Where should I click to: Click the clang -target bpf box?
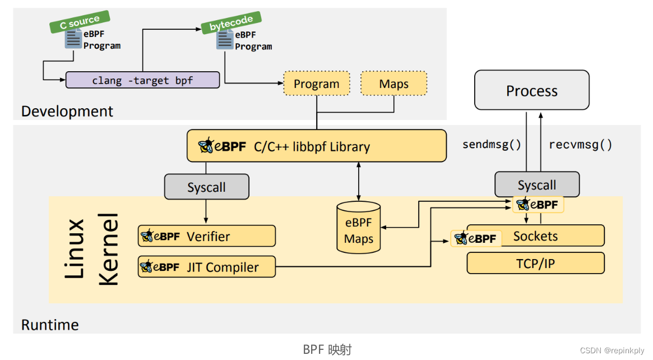pyautogui.click(x=142, y=80)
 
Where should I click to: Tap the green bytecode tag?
pyautogui.click(x=231, y=22)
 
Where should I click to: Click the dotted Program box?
pyautogui.click(x=316, y=84)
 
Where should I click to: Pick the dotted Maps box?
pyautogui.click(x=393, y=84)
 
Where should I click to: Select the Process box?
pyautogui.click(x=531, y=90)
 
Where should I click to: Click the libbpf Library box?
pyautogui.click(x=316, y=146)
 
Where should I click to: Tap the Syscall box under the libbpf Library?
pyautogui.click(x=206, y=187)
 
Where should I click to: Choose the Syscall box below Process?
pyautogui.click(x=536, y=184)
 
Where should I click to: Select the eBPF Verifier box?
pyautogui.click(x=207, y=236)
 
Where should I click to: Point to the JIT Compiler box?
pyautogui.click(x=207, y=267)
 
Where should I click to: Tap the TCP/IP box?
pyautogui.click(x=535, y=263)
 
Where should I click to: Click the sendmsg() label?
pyautogui.click(x=492, y=145)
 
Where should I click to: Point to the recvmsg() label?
pyautogui.click(x=580, y=145)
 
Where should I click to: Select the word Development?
pyautogui.click(x=67, y=111)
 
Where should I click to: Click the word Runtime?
pyautogui.click(x=50, y=325)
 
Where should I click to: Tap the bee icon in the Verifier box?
pyautogui.click(x=148, y=236)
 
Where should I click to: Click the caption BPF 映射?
pyautogui.click(x=327, y=349)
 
